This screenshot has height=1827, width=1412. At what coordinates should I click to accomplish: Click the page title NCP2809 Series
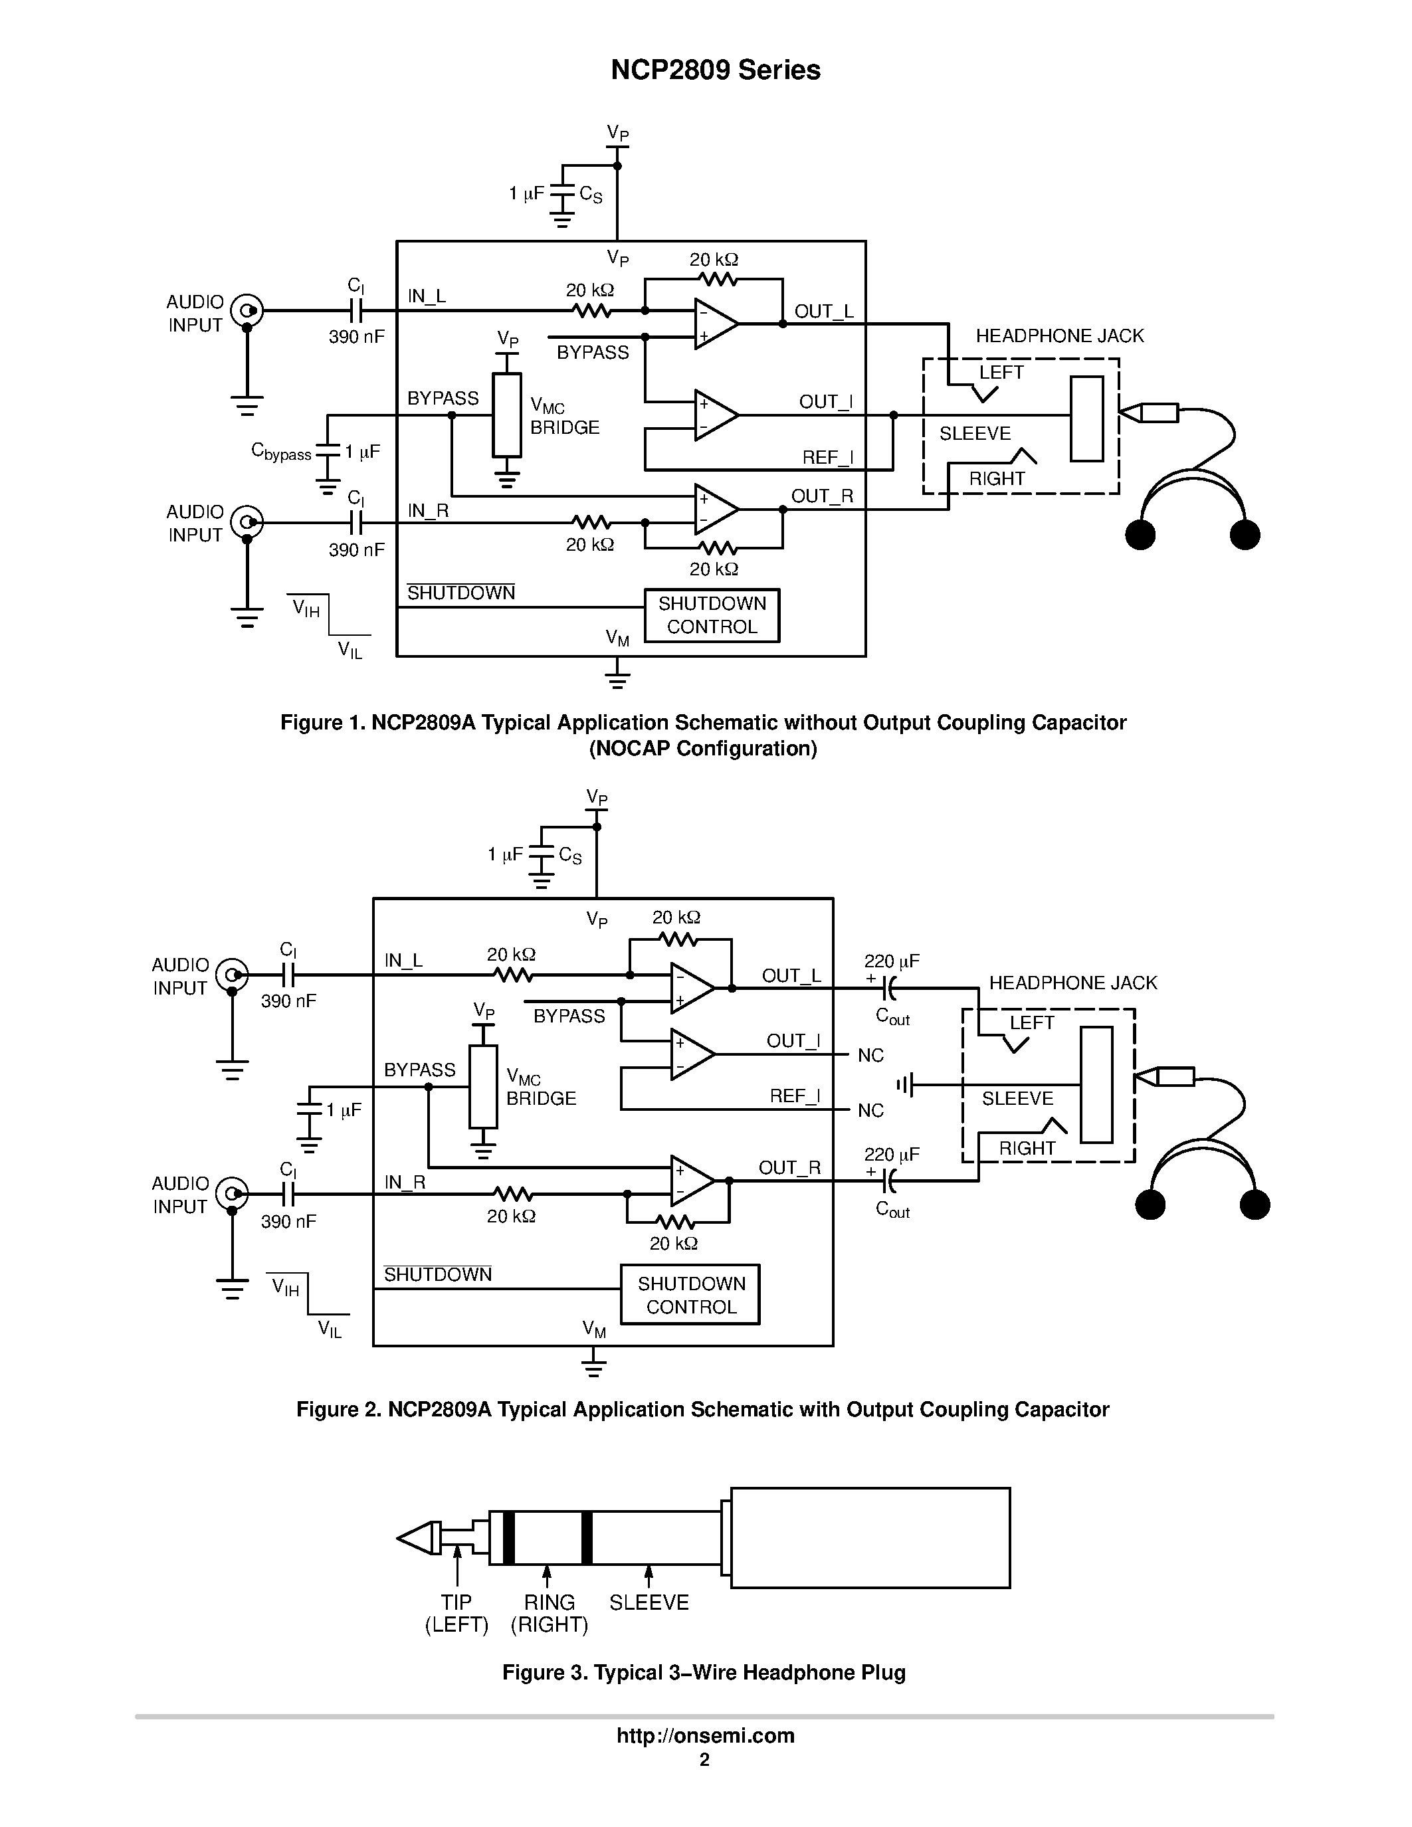pyautogui.click(x=715, y=70)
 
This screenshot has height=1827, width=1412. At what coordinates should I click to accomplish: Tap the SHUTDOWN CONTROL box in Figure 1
pyautogui.click(x=712, y=616)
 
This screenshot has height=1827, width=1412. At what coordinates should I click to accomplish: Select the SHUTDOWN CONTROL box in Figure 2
pyautogui.click(x=690, y=1295)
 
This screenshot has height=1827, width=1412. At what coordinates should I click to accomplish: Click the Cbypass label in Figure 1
pyautogui.click(x=281, y=452)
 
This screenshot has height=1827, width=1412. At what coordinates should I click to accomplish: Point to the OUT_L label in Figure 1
pyautogui.click(x=823, y=311)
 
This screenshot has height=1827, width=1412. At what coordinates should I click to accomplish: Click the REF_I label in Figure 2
pyautogui.click(x=794, y=1096)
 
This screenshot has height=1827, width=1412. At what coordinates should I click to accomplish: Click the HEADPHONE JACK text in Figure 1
pyautogui.click(x=1059, y=336)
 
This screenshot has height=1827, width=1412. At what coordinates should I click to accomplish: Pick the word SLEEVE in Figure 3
pyautogui.click(x=649, y=1603)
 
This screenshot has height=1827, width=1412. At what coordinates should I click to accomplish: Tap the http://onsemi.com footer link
pyautogui.click(x=705, y=1736)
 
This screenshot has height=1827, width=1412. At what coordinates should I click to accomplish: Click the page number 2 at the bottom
pyautogui.click(x=704, y=1760)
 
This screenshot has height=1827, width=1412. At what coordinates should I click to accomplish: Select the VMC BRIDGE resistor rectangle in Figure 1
pyautogui.click(x=507, y=415)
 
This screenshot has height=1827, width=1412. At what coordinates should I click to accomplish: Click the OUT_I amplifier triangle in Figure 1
pyautogui.click(x=715, y=415)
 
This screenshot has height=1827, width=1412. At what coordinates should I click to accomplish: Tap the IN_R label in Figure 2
pyautogui.click(x=405, y=1182)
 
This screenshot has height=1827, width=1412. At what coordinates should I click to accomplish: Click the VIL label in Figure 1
pyautogui.click(x=350, y=650)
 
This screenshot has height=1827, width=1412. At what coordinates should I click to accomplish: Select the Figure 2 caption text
pyautogui.click(x=702, y=1410)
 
